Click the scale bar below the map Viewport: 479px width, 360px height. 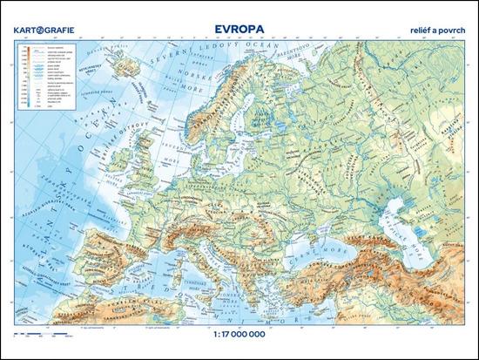click(x=38, y=331)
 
